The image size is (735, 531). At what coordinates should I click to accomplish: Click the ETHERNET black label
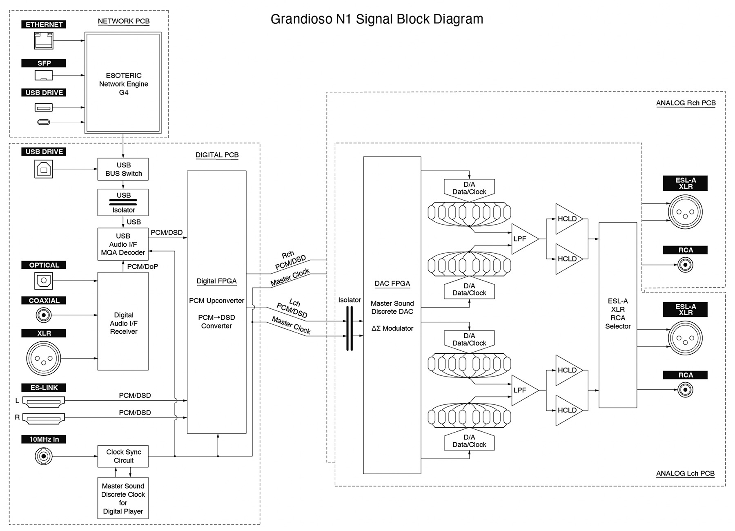tap(44, 25)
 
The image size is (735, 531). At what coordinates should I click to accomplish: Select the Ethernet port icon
tap(44, 41)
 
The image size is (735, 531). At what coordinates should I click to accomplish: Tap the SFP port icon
tap(44, 75)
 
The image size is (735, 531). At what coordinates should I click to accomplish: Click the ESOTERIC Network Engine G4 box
tap(123, 83)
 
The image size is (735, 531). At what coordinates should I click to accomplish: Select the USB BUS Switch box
tap(123, 169)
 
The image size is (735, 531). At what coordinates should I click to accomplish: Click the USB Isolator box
tap(123, 202)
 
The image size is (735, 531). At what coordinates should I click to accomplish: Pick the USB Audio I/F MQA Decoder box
tap(123, 244)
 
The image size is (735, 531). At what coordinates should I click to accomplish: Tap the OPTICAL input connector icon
tap(43, 281)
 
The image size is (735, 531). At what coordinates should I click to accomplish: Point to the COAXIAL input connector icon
tap(44, 315)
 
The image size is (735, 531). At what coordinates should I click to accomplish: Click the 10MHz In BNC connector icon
tap(43, 456)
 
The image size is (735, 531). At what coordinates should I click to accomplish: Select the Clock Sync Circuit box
tap(123, 456)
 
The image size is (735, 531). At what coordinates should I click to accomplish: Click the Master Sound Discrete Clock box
tap(123, 498)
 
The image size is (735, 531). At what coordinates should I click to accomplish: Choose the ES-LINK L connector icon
tap(43, 402)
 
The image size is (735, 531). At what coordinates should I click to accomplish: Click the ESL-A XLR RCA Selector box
tap(617, 315)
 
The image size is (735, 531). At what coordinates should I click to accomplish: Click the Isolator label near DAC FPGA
tap(350, 300)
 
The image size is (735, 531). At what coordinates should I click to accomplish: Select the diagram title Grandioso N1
tap(376, 19)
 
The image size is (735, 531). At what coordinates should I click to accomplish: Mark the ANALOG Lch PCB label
tap(685, 473)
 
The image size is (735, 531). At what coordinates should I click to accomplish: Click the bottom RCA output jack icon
tap(685, 390)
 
